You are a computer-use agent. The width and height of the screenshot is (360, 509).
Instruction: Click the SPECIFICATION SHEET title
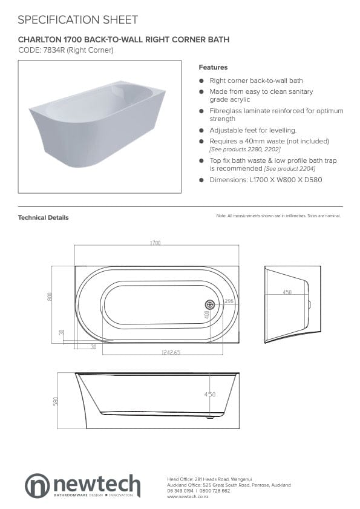[77, 20]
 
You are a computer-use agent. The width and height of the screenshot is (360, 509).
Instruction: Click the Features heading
[213, 67]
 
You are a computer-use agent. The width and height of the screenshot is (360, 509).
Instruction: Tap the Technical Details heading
[43, 218]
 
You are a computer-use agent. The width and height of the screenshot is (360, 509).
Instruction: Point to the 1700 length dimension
[155, 243]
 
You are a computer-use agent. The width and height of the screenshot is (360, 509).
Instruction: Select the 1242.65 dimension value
[171, 352]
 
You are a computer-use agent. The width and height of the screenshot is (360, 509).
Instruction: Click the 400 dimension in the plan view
[206, 315]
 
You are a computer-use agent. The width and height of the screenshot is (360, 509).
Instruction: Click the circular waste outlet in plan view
[209, 305]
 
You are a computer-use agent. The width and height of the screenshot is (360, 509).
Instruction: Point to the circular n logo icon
[38, 486]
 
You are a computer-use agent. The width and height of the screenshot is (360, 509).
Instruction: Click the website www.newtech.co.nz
[189, 496]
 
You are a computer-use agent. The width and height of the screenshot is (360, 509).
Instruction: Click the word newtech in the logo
[97, 485]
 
